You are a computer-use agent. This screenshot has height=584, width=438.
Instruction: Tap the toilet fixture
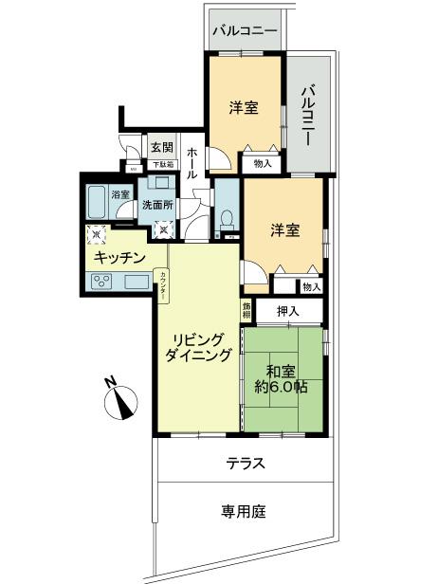coord(225,219)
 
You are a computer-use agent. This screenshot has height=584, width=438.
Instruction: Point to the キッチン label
coord(119,256)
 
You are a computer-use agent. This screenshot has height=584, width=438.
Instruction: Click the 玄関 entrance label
coord(161,147)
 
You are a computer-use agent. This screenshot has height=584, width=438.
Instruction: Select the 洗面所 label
coord(156,205)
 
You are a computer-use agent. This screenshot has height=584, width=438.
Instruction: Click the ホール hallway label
coord(192,163)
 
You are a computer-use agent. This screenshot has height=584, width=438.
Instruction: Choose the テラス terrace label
coord(245,464)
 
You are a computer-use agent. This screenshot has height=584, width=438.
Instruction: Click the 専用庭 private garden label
coord(244,511)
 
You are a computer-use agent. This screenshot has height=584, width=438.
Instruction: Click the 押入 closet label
coord(288,311)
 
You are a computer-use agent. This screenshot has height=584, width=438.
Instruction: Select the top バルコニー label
coord(245,30)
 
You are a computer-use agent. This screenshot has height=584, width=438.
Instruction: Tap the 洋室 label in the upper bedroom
coord(244,107)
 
